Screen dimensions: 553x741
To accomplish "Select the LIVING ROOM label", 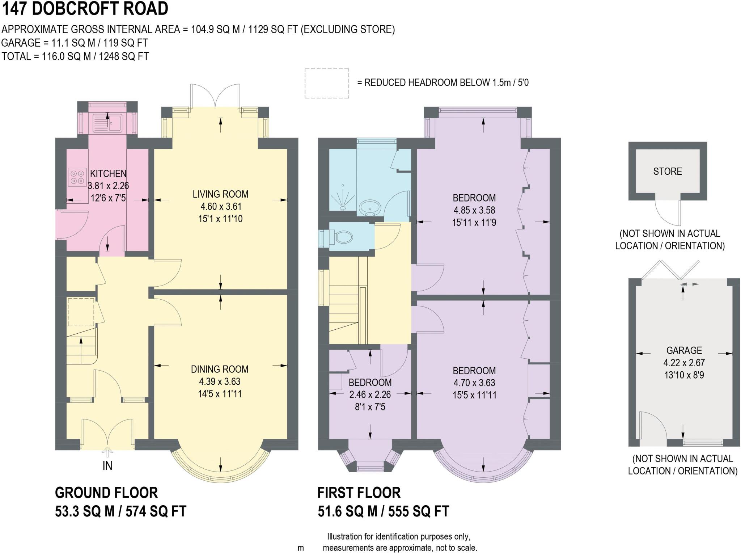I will (x=220, y=194).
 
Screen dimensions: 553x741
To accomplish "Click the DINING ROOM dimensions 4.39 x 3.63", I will (x=220, y=381).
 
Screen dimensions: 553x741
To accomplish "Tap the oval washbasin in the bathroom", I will (x=370, y=208).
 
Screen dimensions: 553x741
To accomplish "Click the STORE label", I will (x=667, y=171).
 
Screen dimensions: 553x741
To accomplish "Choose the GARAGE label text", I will (x=684, y=350).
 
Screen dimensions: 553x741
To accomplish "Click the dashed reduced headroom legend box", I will (x=327, y=83).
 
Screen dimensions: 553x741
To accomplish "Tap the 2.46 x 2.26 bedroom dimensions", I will (x=370, y=394).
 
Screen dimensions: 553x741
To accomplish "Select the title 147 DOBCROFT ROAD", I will (x=85, y=9).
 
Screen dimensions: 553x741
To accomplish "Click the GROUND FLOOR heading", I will (x=106, y=493).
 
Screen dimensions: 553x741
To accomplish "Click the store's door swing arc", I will (x=668, y=215).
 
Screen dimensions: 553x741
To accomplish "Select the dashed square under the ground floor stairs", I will (x=81, y=312).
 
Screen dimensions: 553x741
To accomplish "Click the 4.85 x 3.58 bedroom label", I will (x=474, y=210).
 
